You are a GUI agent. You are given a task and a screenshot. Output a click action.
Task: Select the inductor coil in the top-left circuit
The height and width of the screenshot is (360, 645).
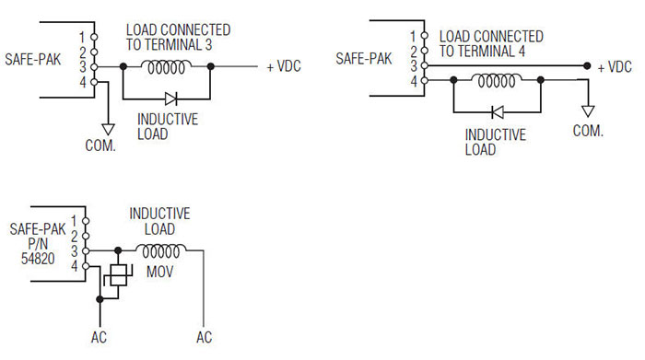[168, 66]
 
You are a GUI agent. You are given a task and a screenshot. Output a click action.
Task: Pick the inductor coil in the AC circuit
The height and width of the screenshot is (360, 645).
[162, 250]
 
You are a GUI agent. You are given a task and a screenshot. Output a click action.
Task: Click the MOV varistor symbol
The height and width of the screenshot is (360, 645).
[118, 274]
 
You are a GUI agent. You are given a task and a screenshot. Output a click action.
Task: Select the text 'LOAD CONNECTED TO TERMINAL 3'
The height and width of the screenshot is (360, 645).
[178, 38]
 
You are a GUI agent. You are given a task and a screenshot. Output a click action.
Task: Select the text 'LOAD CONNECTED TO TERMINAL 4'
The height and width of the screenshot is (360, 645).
[490, 43]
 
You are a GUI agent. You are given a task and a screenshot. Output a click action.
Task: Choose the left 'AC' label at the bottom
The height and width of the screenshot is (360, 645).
[99, 338]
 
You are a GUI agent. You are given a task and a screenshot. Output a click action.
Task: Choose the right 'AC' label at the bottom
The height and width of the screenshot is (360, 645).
[204, 338]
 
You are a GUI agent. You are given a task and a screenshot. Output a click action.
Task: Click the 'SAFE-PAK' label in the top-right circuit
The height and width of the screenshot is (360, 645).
[364, 58]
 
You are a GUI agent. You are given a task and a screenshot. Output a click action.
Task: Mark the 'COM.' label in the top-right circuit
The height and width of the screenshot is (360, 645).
[587, 132]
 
